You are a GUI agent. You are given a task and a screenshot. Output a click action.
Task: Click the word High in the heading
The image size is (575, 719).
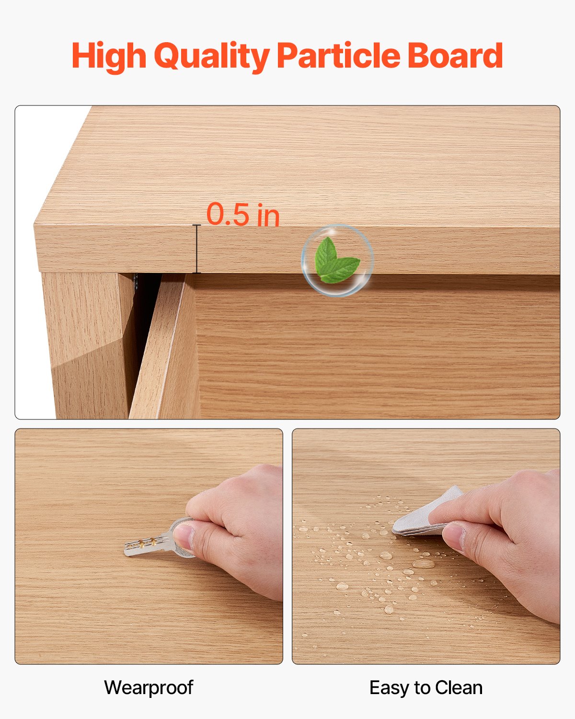tap(109, 56)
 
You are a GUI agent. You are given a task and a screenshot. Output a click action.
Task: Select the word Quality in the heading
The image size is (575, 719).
tap(211, 57)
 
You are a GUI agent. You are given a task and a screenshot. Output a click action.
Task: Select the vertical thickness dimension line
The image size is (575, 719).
tap(196, 249)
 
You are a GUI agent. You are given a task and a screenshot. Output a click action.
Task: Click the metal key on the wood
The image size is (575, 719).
tap(149, 545)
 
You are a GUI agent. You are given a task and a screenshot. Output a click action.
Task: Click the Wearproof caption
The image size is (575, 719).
tap(149, 687)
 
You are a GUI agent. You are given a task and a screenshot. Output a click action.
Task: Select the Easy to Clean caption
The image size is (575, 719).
tap(425, 687)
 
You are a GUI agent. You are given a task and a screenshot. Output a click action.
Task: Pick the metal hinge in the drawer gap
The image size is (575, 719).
tap(137, 283)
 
